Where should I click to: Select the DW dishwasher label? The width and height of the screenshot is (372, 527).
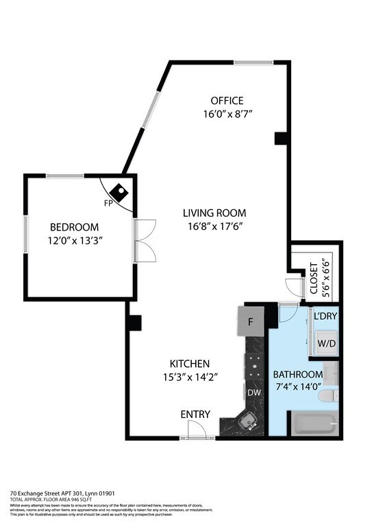click(255, 393)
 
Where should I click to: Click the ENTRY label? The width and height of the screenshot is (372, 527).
click(195, 414)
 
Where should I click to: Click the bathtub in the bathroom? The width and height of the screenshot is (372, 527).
click(314, 424)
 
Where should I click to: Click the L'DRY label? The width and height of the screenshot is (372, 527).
click(325, 316)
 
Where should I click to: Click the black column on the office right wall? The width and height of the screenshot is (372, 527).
click(280, 138)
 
